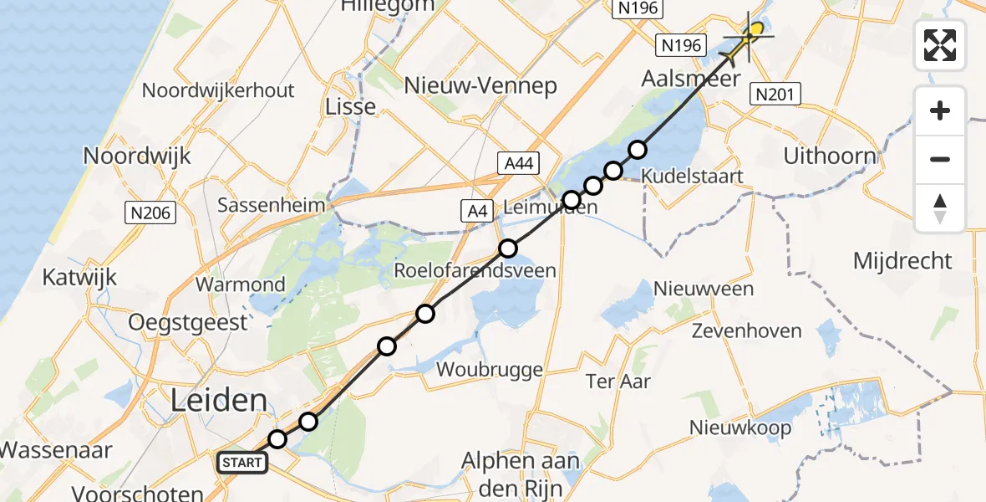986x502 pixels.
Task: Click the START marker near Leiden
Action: [x=243, y=462]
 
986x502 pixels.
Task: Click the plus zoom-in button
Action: [x=940, y=110]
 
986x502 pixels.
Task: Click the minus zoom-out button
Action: [x=940, y=159]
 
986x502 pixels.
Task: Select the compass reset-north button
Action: [x=940, y=207]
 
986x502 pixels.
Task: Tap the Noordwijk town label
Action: [x=137, y=156]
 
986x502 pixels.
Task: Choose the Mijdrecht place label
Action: [x=902, y=261]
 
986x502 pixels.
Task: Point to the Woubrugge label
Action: [x=489, y=369]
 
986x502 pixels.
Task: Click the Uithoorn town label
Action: [x=830, y=156]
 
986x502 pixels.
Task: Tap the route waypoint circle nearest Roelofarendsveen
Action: [x=508, y=248]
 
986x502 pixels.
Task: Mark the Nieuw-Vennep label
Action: [x=480, y=86]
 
